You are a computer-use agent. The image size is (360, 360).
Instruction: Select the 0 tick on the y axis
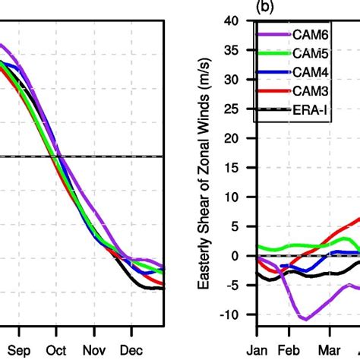[245, 256]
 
